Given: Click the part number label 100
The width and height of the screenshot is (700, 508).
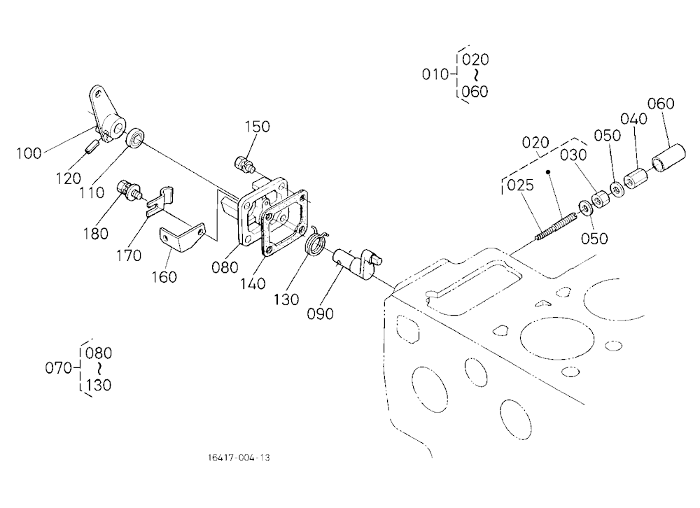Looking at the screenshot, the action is coord(29,153).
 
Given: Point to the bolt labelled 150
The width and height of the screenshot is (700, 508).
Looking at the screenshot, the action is coord(244,164).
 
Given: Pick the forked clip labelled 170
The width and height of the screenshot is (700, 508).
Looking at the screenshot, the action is coord(160,202).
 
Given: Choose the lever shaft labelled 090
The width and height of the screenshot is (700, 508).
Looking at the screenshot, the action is coord(357,263).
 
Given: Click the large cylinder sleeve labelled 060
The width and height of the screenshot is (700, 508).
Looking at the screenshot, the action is coord(668,157).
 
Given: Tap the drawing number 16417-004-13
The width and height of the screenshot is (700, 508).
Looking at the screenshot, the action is coord(239,458).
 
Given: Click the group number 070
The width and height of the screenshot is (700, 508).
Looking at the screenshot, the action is coord(59,368).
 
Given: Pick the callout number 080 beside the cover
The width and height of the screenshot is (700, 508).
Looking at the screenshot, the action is coord(225,267).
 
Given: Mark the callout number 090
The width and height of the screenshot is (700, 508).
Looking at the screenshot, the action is coord(320,313).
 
